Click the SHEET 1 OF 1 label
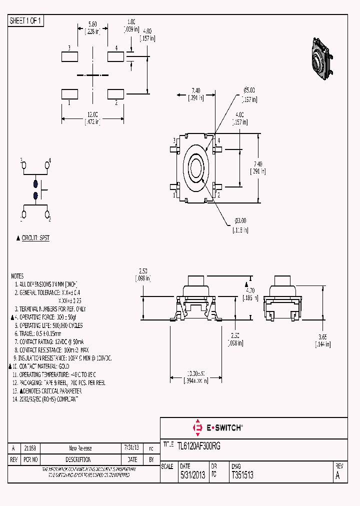(26, 20)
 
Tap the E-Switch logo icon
(197, 427)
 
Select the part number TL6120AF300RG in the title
(199, 445)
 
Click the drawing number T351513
(242, 475)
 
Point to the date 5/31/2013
(192, 475)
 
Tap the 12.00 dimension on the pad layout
(92, 114)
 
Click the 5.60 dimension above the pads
(92, 23)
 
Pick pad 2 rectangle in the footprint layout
(115, 93)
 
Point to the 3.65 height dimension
(322, 338)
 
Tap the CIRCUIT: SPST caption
(38, 238)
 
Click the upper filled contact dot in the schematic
(35, 183)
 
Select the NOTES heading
(17, 276)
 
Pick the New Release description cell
(80, 448)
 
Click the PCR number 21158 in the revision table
(30, 448)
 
